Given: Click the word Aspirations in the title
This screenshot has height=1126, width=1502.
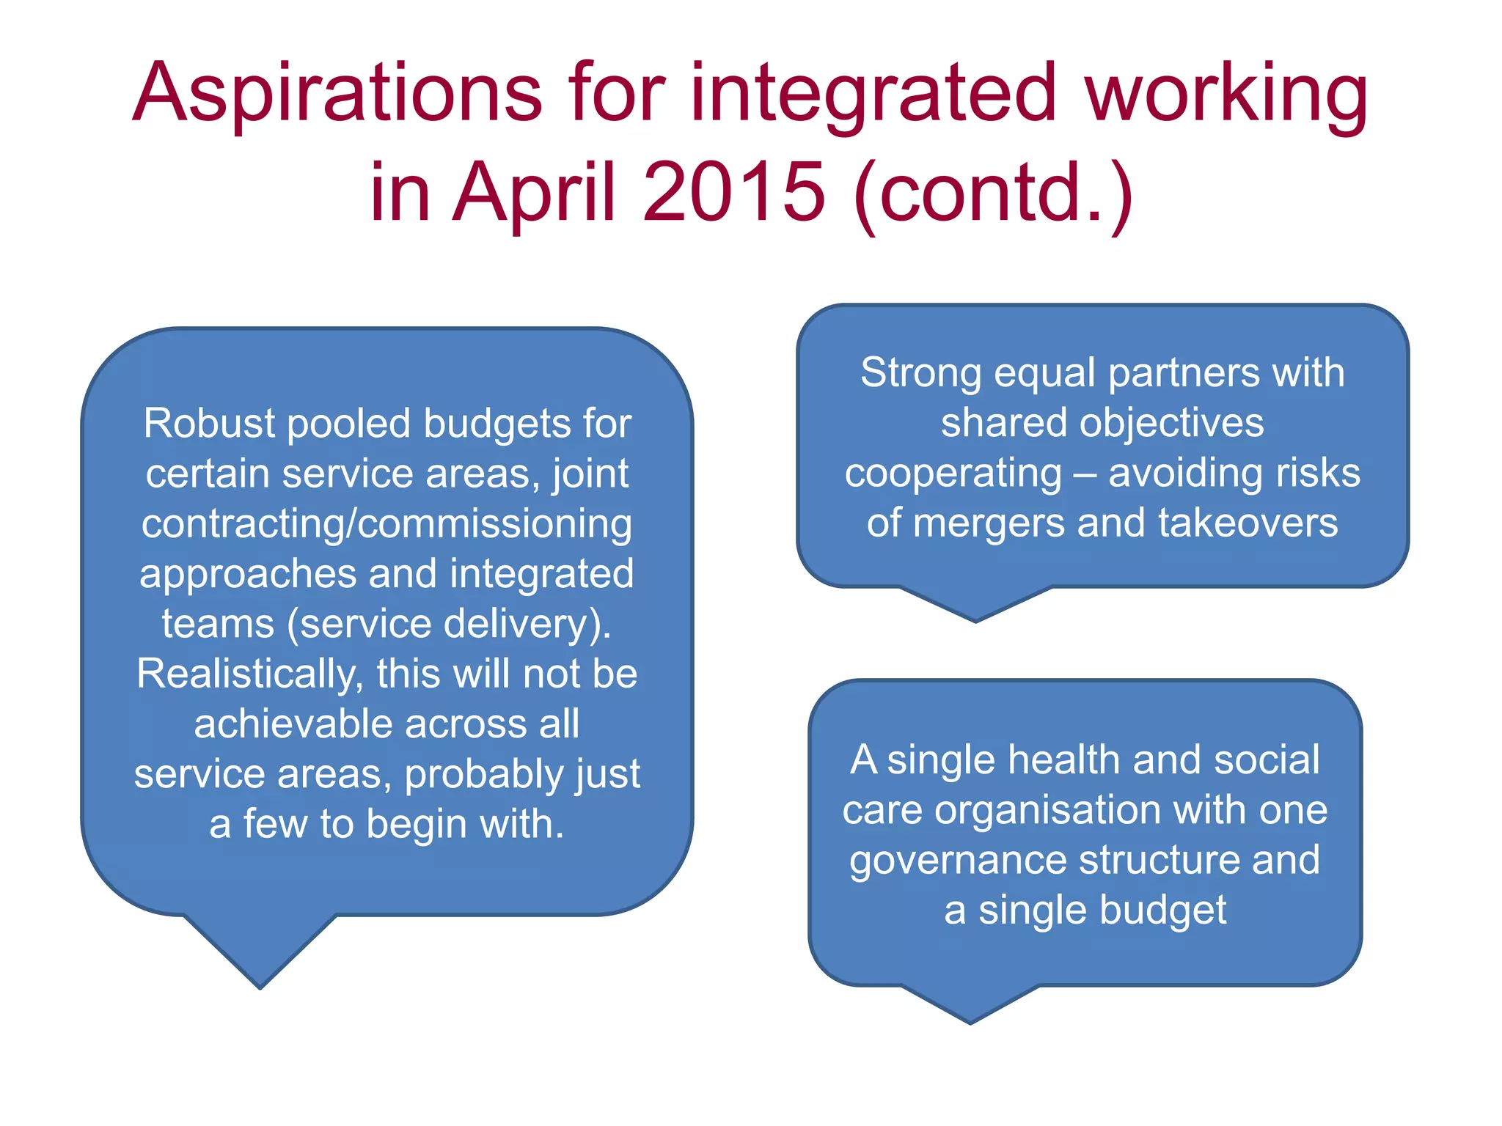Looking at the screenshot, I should pyautogui.click(x=337, y=94).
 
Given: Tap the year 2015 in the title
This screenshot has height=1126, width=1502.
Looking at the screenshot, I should pyautogui.click(x=733, y=192).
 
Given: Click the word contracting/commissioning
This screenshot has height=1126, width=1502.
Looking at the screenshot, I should pyautogui.click(x=387, y=524).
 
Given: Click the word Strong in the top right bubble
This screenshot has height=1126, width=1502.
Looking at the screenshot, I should pyautogui.click(x=920, y=372).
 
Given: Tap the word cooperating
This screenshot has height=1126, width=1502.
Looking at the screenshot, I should pyautogui.click(x=953, y=473).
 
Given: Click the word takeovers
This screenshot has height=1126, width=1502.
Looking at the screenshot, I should pyautogui.click(x=1248, y=523).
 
